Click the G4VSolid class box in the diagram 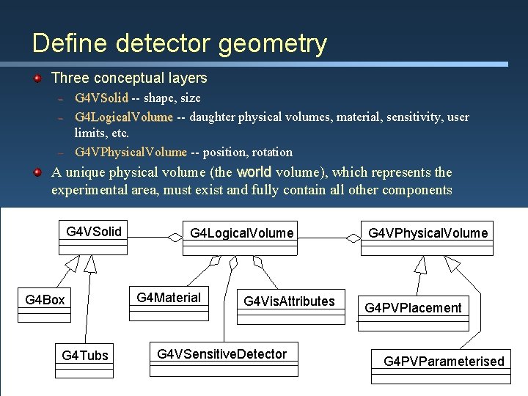pos(94,232)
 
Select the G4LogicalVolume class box pos(241,234)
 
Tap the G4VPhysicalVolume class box pos(428,233)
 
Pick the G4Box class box pos(45,300)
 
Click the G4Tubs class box pos(85,356)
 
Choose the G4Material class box pos(169,298)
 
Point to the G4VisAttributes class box pos(289,301)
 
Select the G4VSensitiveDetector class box pos(222,354)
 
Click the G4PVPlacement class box pos(414,307)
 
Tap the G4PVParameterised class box pos(444,361)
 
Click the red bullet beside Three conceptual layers pos(37,78)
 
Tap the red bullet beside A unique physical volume pos(37,172)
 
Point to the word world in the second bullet pos(254,172)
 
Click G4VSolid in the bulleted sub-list pos(101,98)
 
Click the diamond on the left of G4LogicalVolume pos(175,237)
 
